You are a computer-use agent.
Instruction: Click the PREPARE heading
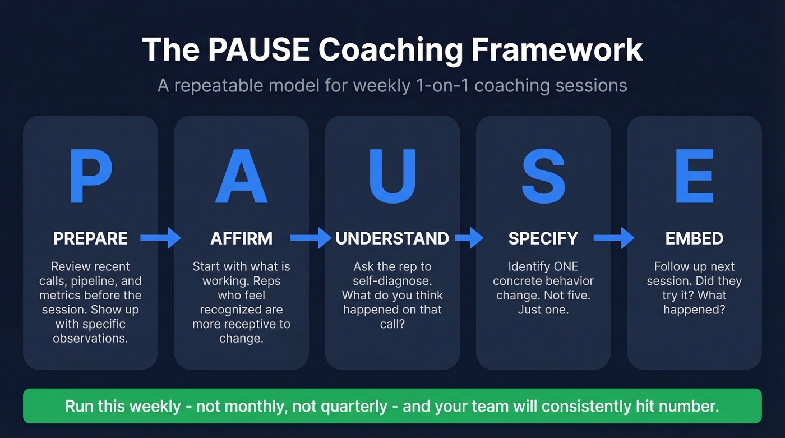coord(90,238)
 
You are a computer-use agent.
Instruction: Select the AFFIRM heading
coord(241,238)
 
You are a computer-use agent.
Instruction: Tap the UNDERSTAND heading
coord(392,238)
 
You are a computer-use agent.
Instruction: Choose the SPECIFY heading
coord(543,238)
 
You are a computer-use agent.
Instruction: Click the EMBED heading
coord(694,238)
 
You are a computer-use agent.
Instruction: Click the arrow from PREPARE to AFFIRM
coord(160,238)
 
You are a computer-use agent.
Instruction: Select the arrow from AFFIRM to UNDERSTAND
coord(311,238)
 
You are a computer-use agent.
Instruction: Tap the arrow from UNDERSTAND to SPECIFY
coord(469,238)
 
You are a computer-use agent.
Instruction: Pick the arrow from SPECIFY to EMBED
coord(613,238)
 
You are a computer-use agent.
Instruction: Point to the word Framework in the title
coord(557,50)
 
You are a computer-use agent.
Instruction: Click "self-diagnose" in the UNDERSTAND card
coord(392,281)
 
